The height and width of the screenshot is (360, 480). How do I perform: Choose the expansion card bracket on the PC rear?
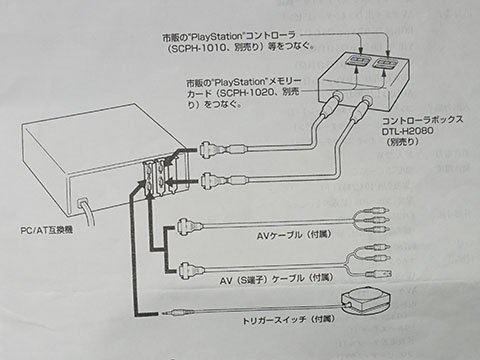(x=152, y=177)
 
